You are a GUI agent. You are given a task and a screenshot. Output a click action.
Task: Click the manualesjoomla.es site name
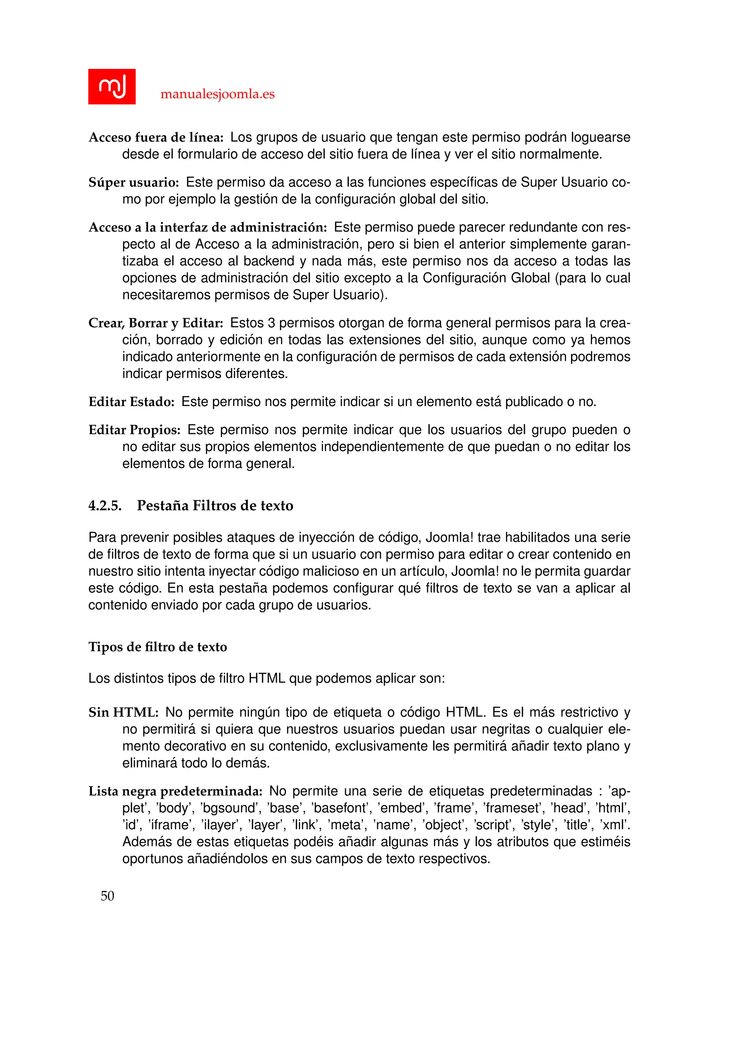pyautogui.click(x=217, y=94)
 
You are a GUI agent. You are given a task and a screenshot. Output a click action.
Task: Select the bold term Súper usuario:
pyautogui.click(x=133, y=182)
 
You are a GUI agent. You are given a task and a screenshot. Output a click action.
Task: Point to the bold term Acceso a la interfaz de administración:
pyautogui.click(x=208, y=227)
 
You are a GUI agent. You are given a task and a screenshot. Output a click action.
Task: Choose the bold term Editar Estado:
pyautogui.click(x=131, y=402)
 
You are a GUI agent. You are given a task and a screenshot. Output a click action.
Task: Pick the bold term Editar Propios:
pyautogui.click(x=134, y=430)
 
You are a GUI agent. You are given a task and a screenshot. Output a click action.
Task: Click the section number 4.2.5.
pyautogui.click(x=105, y=505)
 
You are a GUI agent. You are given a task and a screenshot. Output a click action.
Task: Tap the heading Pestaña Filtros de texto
pyautogui.click(x=215, y=505)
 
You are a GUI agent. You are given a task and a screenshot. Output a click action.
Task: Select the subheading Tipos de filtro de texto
pyautogui.click(x=158, y=647)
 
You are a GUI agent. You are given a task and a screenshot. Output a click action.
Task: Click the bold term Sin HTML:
pyautogui.click(x=123, y=712)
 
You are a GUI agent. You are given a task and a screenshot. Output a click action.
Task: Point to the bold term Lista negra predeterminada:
pyautogui.click(x=175, y=791)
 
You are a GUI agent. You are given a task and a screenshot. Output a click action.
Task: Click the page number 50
pyautogui.click(x=107, y=896)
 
